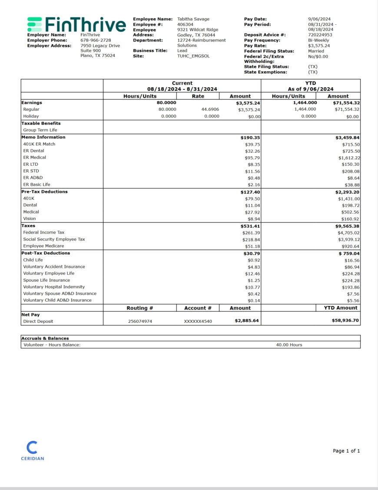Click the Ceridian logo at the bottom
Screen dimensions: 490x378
point(32,451)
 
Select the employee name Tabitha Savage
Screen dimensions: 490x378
point(193,19)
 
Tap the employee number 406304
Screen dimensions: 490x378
point(185,24)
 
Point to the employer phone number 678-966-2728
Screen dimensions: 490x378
point(96,40)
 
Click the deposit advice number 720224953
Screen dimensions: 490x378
point(320,35)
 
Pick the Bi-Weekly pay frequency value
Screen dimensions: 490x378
point(318,40)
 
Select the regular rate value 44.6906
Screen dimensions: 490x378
point(210,109)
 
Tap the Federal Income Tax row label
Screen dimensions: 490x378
point(43,233)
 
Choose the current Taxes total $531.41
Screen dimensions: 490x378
point(250,226)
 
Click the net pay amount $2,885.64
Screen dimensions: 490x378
point(247,321)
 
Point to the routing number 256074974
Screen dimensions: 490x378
point(140,322)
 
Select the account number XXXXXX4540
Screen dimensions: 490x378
point(198,322)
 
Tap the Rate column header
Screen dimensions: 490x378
point(198,96)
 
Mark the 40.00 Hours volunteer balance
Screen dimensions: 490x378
point(289,345)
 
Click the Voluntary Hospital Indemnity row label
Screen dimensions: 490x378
point(54,287)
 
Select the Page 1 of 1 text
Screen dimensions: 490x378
point(346,451)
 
